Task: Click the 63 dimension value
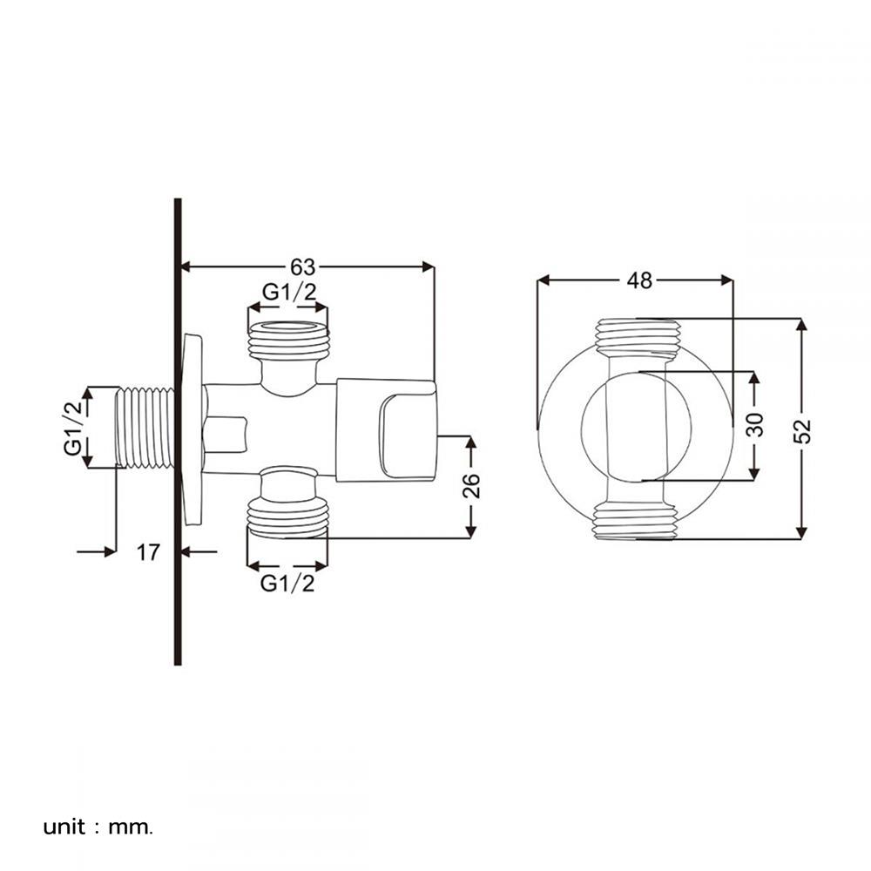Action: (x=303, y=267)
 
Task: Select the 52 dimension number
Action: (x=802, y=430)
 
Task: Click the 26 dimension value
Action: (x=471, y=485)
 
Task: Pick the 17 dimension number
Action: (x=148, y=552)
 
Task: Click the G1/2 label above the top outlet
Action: (x=289, y=292)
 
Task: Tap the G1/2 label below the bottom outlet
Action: (x=287, y=584)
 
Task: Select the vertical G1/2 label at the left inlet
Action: (x=73, y=428)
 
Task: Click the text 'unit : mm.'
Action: (x=98, y=827)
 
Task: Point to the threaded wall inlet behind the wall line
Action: (x=145, y=428)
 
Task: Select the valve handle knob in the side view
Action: (x=387, y=430)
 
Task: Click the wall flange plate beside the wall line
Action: (x=192, y=429)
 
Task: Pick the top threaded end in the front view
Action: (x=638, y=336)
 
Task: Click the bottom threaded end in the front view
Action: (x=636, y=522)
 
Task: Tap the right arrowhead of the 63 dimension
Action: (x=428, y=267)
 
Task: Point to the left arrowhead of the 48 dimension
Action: (x=544, y=280)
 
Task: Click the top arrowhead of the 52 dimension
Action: (x=801, y=325)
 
